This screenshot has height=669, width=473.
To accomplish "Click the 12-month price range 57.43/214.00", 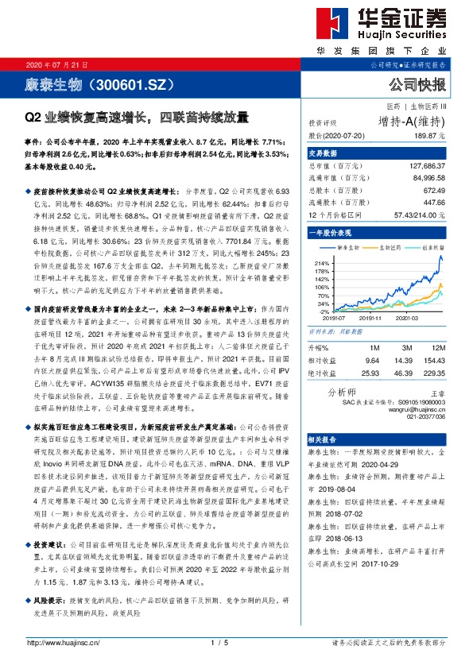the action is (x=419, y=214).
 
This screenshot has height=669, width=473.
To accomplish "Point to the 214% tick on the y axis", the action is (x=322, y=262).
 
